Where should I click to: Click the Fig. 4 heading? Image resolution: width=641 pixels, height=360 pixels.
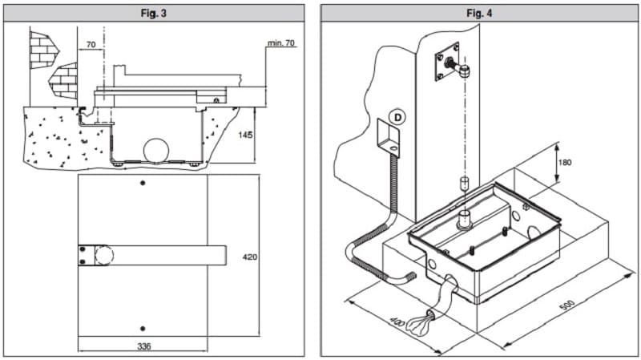[478, 13]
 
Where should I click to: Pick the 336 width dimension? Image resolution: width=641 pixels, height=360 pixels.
[142, 346]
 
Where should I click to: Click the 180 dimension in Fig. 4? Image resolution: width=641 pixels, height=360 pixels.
[564, 163]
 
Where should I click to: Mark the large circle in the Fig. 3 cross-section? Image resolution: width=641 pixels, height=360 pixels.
[157, 151]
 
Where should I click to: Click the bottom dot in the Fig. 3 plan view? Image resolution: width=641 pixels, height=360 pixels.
[143, 328]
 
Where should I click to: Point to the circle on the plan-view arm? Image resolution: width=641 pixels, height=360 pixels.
[103, 257]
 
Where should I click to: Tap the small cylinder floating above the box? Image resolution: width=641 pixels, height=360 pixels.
[462, 184]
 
